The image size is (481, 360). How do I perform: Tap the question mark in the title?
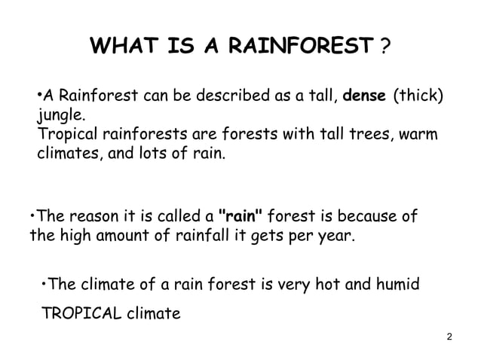(385, 49)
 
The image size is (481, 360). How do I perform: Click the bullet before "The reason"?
(32, 217)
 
